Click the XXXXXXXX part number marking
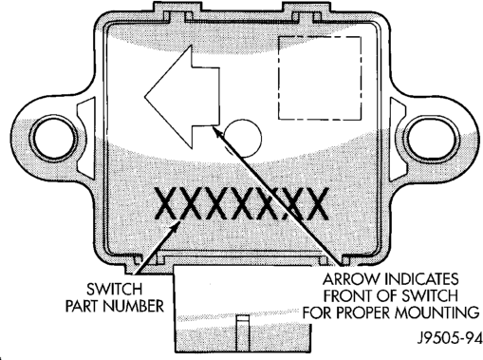[x=241, y=203]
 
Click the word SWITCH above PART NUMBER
[x=115, y=289]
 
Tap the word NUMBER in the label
[x=134, y=306]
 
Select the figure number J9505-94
[x=450, y=338]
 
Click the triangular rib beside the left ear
[x=85, y=138]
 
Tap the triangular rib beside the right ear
[x=398, y=139]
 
